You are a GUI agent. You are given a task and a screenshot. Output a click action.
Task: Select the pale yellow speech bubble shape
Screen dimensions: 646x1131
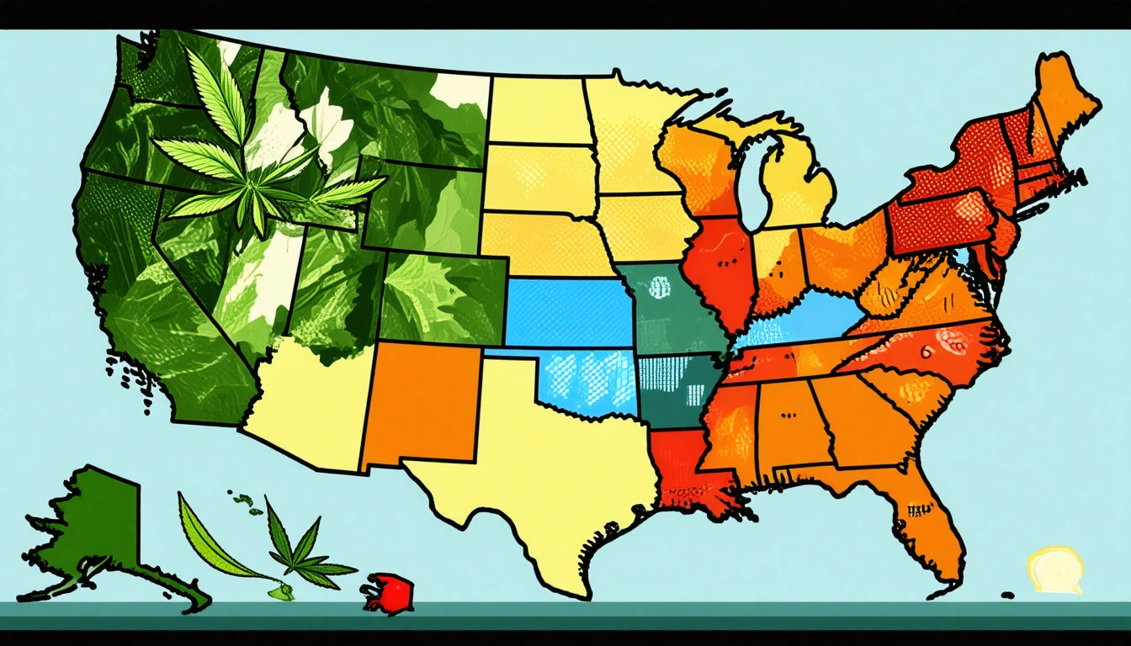pos(1054,569)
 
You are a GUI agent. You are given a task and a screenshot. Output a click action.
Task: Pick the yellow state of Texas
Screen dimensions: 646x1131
pos(539,471)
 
